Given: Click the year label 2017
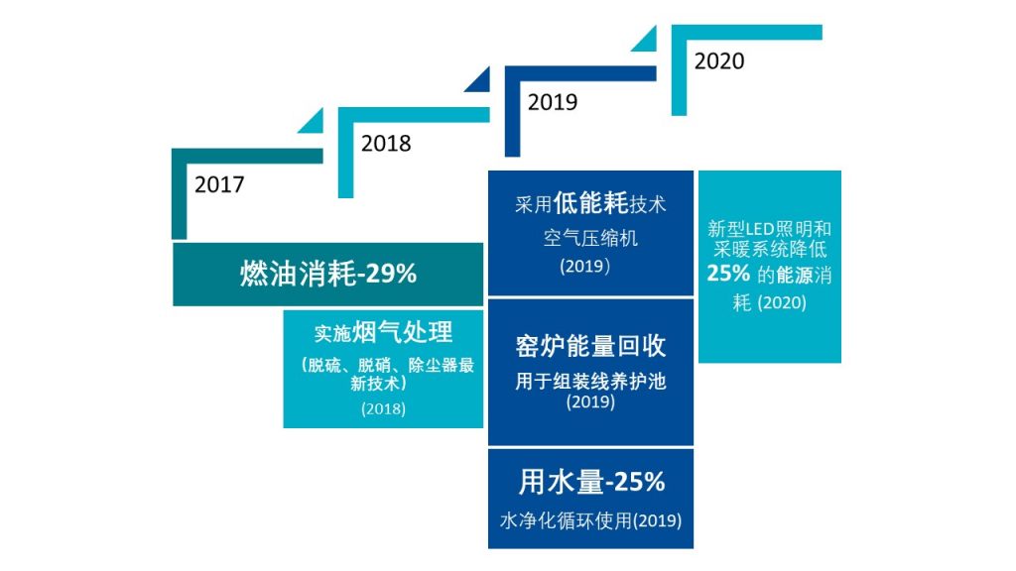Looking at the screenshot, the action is pyautogui.click(x=219, y=184).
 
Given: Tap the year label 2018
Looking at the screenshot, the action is pyautogui.click(x=386, y=143).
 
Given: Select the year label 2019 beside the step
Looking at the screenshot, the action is pyautogui.click(x=552, y=102).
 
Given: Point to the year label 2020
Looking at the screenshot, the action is pyautogui.click(x=719, y=60).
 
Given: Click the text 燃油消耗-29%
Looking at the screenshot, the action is pyautogui.click(x=327, y=274).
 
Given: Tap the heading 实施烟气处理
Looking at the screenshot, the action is pyautogui.click(x=384, y=333).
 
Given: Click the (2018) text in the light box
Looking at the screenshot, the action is pyautogui.click(x=384, y=408).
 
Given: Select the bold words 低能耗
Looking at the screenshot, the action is pyautogui.click(x=590, y=203).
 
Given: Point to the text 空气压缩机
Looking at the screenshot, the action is pyautogui.click(x=590, y=238).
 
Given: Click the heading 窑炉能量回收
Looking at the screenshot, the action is pyautogui.click(x=590, y=346).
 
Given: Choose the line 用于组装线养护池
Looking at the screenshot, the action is pyautogui.click(x=590, y=382).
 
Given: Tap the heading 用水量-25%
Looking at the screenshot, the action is pyautogui.click(x=591, y=482).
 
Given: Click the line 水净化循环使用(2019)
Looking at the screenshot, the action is pyautogui.click(x=590, y=520).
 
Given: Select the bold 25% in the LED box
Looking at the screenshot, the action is pyautogui.click(x=728, y=274).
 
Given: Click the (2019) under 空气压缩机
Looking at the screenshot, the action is pyautogui.click(x=584, y=266).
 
